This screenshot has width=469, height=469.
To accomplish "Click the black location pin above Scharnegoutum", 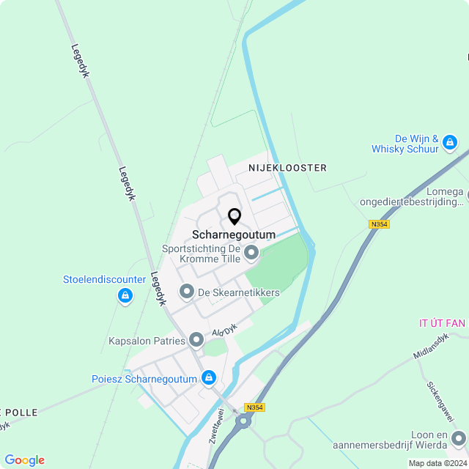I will tap(234, 217).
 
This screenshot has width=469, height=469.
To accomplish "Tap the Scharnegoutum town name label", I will tap(234, 234).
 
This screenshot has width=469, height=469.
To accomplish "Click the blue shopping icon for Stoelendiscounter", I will tap(125, 296).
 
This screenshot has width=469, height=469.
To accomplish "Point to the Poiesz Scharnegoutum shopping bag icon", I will tap(210, 378).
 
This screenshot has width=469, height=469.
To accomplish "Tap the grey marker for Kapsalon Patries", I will tap(196, 339).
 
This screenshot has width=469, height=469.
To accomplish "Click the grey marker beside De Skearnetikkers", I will tap(186, 292).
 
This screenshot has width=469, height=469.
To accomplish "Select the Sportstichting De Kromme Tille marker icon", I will tap(251, 254).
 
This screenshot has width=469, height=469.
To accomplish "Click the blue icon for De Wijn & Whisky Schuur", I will tap(450, 142).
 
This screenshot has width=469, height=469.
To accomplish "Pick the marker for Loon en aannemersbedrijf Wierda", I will tap(459, 439).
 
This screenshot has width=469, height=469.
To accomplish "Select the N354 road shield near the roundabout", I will tap(254, 407).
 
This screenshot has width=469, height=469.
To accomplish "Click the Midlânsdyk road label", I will tap(431, 350).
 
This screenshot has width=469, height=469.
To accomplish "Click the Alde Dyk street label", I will tap(225, 330).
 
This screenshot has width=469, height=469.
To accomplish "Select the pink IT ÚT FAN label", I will tap(443, 323).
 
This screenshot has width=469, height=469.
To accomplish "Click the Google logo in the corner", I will tap(24, 460).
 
